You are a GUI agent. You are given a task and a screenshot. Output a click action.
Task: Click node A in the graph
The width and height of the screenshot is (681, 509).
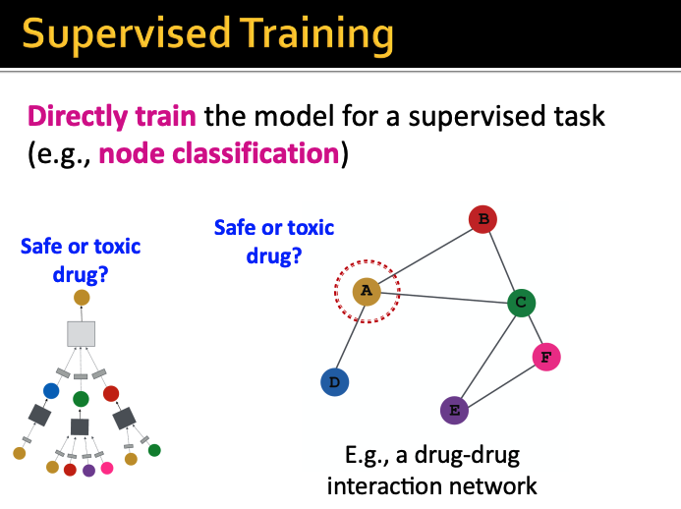click(x=367, y=290)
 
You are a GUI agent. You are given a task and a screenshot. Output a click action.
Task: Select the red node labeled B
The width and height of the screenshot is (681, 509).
click(x=481, y=219)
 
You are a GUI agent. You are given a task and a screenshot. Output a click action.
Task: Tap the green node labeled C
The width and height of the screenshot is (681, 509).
click(x=521, y=302)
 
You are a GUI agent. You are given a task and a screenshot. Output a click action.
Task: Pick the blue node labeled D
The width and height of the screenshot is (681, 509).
click(x=335, y=382)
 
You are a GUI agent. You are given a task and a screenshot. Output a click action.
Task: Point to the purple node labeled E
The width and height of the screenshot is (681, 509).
click(x=454, y=409)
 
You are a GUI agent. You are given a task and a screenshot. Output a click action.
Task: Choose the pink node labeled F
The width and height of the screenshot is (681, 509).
click(x=545, y=357)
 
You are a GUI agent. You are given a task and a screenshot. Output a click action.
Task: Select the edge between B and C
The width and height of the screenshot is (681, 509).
click(x=501, y=260)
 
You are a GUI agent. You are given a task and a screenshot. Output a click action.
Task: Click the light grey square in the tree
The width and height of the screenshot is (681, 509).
click(x=81, y=333)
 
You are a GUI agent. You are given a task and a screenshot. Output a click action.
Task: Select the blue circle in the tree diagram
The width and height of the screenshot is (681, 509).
click(x=51, y=391)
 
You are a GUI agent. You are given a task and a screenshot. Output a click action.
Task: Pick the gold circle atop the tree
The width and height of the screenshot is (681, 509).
click(x=82, y=298)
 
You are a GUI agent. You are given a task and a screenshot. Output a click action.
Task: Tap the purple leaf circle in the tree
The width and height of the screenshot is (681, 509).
click(x=88, y=470)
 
